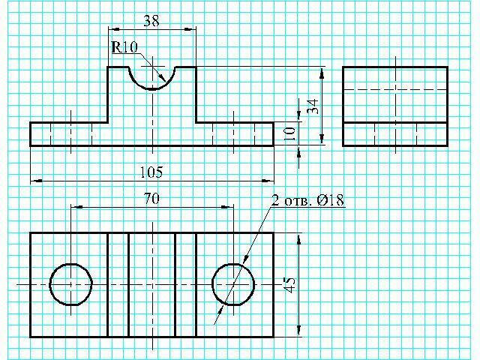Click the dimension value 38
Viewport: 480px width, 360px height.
151,20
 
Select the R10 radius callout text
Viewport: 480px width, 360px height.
124,47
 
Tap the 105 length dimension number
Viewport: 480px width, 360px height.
151,172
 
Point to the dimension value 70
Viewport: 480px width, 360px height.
151,199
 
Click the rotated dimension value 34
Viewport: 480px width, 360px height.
313,106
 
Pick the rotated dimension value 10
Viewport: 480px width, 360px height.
289,133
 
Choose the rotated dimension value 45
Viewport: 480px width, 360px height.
289,285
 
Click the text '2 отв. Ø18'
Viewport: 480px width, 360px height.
307,200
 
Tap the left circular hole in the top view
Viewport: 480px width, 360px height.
49,284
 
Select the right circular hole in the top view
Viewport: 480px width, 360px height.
212,284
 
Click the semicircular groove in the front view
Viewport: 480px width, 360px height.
152,89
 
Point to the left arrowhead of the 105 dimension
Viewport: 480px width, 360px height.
37,181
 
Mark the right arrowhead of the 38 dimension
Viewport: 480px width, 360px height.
190,29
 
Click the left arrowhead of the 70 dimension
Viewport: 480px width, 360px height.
76,207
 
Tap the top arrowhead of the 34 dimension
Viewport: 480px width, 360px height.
322,73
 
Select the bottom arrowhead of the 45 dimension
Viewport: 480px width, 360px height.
299,331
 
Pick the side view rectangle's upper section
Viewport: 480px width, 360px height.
395,94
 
